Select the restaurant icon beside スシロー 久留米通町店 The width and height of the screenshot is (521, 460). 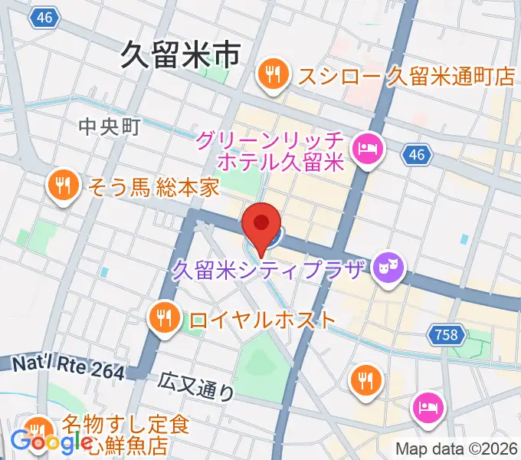point(272,75)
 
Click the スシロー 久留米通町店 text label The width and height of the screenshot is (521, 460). point(396,77)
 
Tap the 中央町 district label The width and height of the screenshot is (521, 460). point(110,127)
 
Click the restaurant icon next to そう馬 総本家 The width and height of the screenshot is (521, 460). point(60,186)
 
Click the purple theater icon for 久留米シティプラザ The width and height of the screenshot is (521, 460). point(388,268)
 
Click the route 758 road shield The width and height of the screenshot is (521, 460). point(445,334)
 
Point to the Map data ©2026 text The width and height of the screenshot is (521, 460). point(457,449)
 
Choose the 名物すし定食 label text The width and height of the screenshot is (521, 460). point(126,424)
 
